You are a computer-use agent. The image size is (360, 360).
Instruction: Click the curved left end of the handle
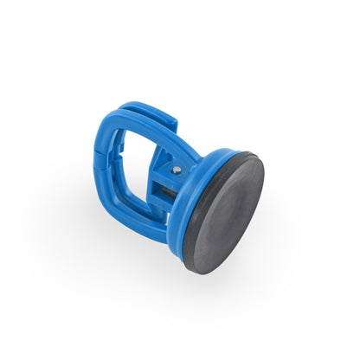98,169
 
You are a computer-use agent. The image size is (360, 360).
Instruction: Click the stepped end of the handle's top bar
169,121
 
